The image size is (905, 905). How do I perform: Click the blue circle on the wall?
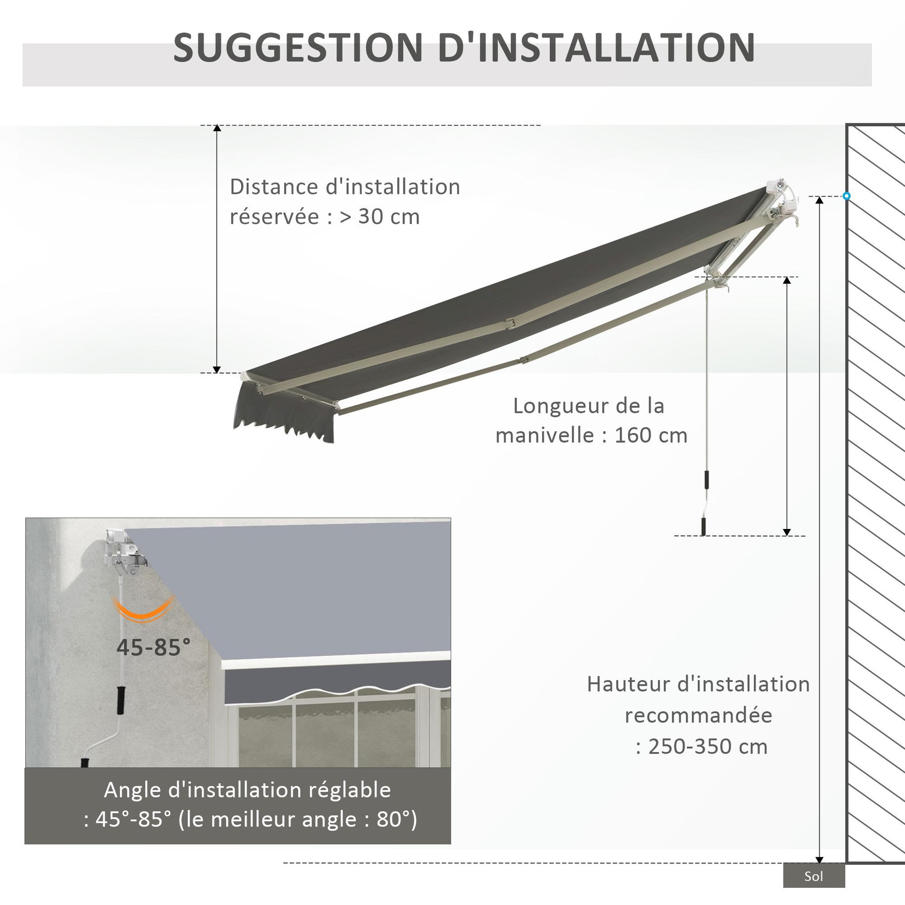[x=846, y=196]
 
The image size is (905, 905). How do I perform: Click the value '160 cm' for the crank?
[x=650, y=436]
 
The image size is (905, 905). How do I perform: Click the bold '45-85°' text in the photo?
[x=154, y=647]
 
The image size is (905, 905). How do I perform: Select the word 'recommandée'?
[x=699, y=716]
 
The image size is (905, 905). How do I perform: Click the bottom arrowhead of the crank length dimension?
[x=787, y=532]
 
